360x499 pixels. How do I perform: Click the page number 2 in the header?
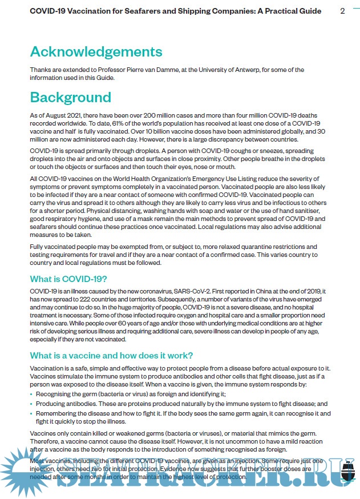(342, 11)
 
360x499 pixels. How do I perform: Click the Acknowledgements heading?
(96, 51)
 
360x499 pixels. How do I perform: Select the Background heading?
(70, 96)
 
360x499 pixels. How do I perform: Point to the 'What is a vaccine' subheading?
(111, 356)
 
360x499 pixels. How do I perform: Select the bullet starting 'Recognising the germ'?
(131, 394)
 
